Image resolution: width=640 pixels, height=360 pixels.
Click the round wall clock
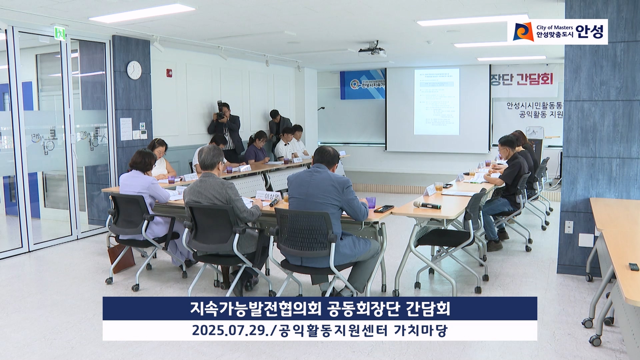click(x=134, y=70)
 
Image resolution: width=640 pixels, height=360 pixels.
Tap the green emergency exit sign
click(x=60, y=33)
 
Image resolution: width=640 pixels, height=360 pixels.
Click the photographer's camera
click(x=220, y=111)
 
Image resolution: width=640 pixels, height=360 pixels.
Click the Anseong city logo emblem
click(x=523, y=32)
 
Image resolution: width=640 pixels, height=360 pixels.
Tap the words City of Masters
click(x=555, y=27)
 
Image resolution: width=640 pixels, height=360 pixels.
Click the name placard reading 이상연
click(x=268, y=195)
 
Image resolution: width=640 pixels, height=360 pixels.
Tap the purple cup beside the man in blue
click(x=371, y=202)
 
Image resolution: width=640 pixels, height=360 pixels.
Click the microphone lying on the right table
click(x=427, y=205)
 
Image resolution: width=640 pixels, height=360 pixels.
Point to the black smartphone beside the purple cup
click(x=384, y=209)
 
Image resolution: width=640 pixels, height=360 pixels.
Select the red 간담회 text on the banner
click(x=535, y=79)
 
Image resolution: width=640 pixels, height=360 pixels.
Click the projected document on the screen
click(x=437, y=102)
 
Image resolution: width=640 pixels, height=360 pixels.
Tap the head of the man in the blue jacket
click(x=322, y=157)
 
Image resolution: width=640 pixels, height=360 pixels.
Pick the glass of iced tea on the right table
click(x=439, y=187)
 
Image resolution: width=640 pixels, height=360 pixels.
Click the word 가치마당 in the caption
click(x=421, y=331)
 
